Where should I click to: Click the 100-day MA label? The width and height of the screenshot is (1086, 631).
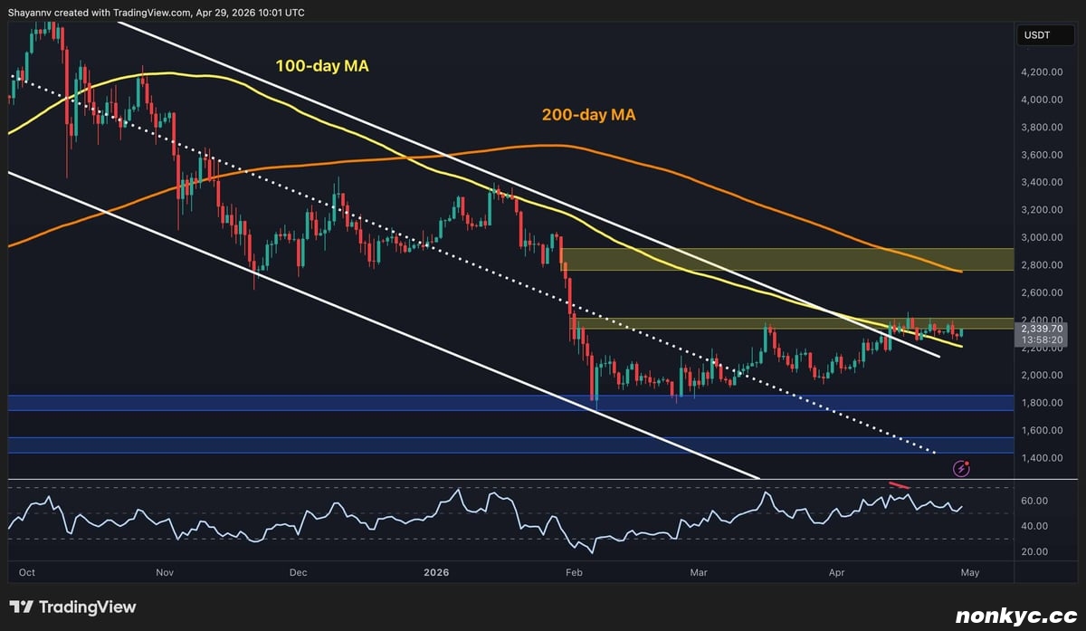[321, 66]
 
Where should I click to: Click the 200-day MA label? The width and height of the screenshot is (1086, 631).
[588, 115]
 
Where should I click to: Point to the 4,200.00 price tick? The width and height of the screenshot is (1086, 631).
[1042, 72]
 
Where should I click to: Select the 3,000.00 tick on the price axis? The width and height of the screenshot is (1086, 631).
[1042, 237]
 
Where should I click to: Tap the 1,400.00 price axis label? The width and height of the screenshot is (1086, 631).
[1042, 458]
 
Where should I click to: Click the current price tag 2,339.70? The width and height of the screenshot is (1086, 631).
[1042, 330]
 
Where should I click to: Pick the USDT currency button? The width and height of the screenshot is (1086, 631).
[1037, 35]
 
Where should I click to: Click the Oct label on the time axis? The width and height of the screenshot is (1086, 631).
[27, 572]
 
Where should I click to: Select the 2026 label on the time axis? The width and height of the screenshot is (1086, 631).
[436, 572]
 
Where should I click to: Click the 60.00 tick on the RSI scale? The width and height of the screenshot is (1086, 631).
[1034, 501]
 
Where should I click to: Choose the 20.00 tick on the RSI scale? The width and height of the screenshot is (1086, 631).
[1034, 551]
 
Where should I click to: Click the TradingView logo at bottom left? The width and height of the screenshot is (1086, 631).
[72, 607]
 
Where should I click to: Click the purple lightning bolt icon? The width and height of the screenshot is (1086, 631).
[962, 468]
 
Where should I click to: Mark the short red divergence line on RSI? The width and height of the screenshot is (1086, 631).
[899, 488]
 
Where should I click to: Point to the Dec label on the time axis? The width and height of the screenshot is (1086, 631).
[299, 572]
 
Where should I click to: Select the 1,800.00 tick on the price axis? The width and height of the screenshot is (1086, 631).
[1042, 403]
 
